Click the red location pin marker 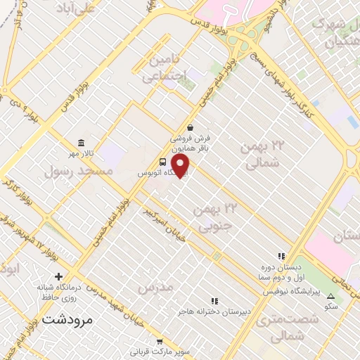181,165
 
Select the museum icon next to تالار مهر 82,143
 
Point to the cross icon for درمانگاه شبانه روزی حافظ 58,276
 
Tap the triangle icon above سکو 331,297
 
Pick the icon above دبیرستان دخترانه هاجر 215,300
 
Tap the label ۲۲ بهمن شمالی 265,155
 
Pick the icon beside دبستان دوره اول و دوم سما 281,257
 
